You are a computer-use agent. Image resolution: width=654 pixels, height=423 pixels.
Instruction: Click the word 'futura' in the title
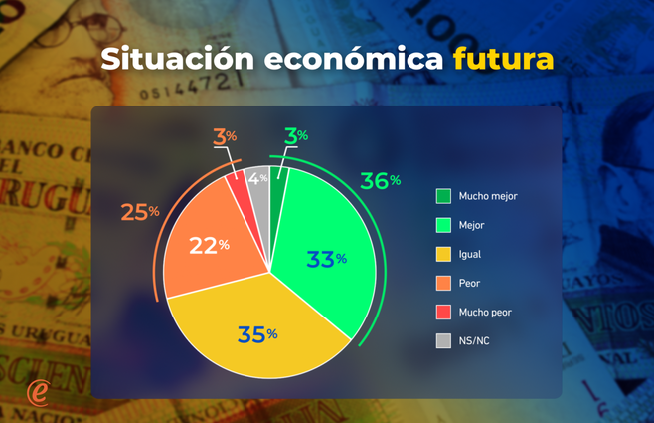pos(503,58)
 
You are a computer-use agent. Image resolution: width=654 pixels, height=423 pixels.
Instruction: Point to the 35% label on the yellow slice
pos(256,334)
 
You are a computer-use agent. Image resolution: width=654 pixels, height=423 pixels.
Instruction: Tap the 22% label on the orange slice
pos(210,244)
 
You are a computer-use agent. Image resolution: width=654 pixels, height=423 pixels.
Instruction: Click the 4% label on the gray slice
pos(258,179)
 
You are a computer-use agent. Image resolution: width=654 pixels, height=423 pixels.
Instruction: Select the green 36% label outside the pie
pos(381,181)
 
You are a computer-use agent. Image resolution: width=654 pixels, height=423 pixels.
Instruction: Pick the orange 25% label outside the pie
pos(140,212)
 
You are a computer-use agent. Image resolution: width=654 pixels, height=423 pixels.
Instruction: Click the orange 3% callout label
pos(225,135)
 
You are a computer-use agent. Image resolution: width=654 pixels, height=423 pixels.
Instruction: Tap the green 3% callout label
pos(296,135)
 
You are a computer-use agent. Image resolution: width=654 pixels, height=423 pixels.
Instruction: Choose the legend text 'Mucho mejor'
pos(488,196)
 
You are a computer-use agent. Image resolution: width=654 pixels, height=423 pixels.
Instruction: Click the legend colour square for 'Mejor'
pos(443,225)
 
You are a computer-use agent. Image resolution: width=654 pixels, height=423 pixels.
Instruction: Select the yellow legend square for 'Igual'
pos(443,254)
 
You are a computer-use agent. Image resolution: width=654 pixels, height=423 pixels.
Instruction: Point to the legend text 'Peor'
pos(469,283)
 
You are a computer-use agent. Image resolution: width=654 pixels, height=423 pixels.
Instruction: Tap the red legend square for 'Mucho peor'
pos(443,312)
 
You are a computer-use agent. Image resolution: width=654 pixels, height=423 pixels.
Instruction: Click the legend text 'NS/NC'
pos(473,340)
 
